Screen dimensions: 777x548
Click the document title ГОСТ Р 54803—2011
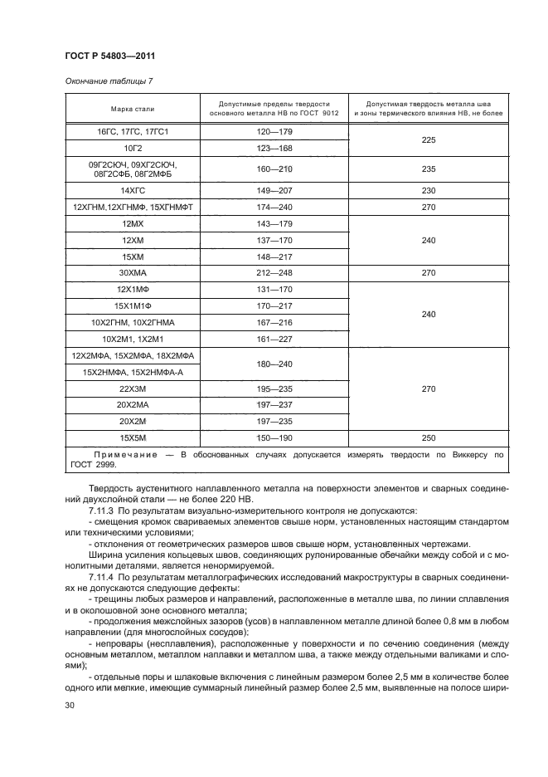pos(110,56)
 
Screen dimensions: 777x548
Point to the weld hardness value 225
pos(429,139)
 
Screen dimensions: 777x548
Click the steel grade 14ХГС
pos(133,190)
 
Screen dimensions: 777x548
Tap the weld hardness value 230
pos(429,190)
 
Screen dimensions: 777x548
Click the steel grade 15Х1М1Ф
pos(133,305)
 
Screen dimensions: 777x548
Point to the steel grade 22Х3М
pos(133,388)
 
